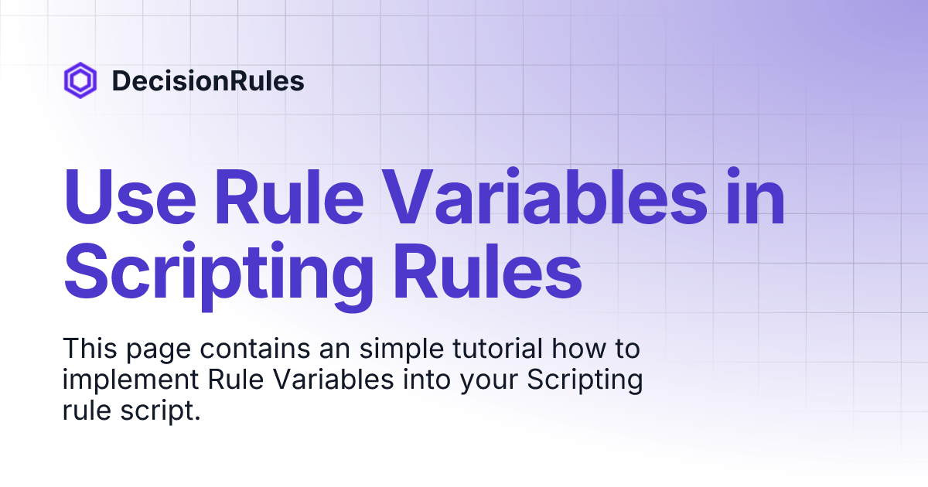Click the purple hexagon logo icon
pyautogui.click(x=80, y=80)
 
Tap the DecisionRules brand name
pyautogui.click(x=208, y=81)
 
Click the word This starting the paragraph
pyautogui.click(x=87, y=349)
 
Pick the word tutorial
pyautogui.click(x=481, y=349)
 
